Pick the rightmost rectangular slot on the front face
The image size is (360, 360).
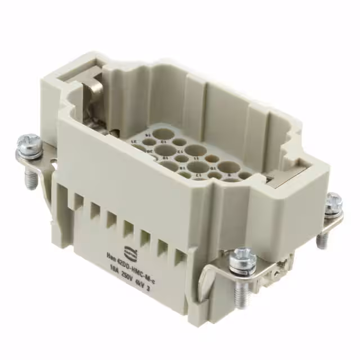click(179, 258)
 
